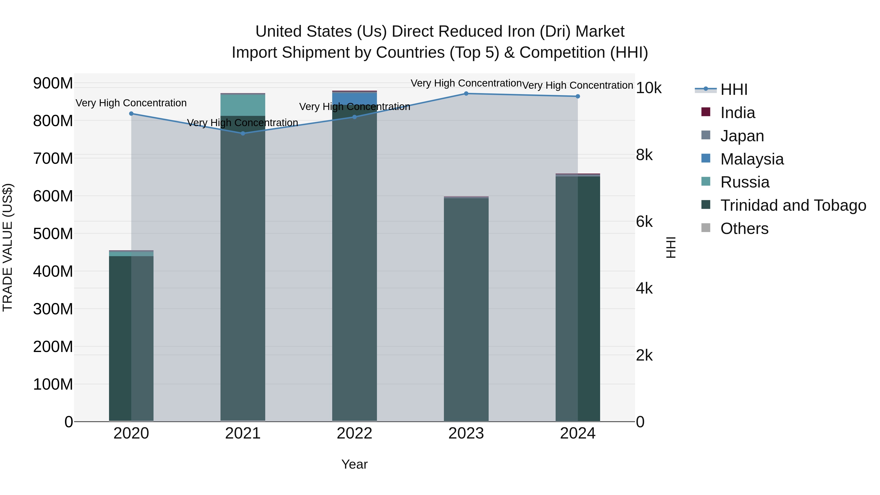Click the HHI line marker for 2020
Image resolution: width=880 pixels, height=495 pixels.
pos(131,113)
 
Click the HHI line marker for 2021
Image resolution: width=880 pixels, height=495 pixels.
pos(243,133)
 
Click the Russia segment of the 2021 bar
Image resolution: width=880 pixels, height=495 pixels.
pos(243,105)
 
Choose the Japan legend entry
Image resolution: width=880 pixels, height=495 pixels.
pos(742,136)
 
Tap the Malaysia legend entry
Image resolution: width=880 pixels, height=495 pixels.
pos(752,159)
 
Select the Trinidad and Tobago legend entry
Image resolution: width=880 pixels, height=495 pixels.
pos(792,205)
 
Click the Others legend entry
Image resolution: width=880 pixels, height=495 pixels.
pos(744,229)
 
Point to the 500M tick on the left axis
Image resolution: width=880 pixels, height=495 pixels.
pos(53,234)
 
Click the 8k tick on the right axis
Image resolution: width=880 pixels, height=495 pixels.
pos(644,155)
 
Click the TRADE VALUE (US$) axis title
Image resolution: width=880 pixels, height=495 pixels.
pos(8,247)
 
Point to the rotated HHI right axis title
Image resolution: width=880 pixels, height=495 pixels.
pos(671,247)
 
